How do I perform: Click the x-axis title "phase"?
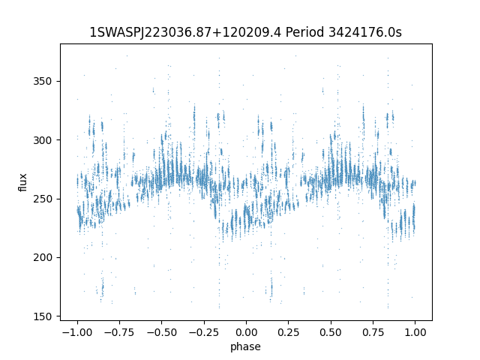click(246, 346)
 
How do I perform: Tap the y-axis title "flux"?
click(23, 182)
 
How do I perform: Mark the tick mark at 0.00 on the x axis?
click(246, 322)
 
